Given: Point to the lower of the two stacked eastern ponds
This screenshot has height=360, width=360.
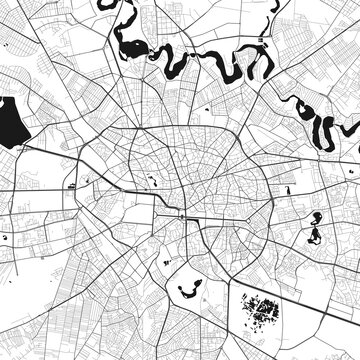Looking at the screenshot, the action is (313, 238).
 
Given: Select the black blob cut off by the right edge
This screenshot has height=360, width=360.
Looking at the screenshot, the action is (354, 129).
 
